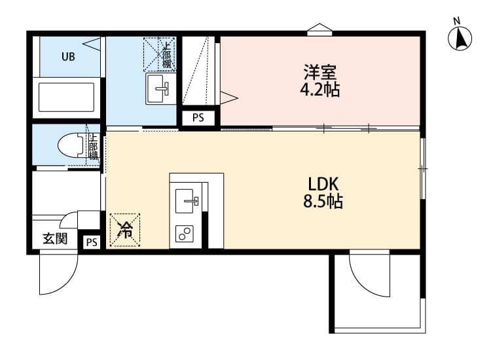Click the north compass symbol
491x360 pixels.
pos(461,38)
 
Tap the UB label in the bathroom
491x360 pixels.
pos(68,56)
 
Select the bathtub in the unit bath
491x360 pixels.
pos(67,97)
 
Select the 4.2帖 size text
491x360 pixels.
pos(319,89)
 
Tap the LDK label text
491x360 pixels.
pos(322,183)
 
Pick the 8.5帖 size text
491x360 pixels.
pos(322,202)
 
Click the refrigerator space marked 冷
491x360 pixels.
pos(124,230)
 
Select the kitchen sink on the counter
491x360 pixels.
pos(188,198)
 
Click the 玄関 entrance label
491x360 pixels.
pos(54,238)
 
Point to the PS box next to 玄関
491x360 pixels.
pos(91,242)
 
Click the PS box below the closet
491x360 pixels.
pos(197,118)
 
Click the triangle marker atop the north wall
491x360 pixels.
pos(319,28)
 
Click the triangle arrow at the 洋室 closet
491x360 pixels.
pos(228,98)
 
